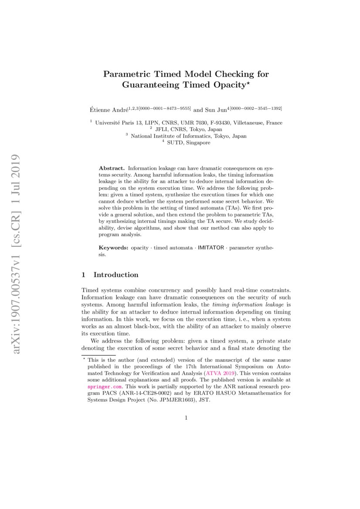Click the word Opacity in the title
[227, 85]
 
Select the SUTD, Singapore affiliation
[186, 142]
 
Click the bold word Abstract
[112, 168]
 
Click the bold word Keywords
[113, 247]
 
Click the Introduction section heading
[115, 275]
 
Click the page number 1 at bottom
[186, 418]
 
